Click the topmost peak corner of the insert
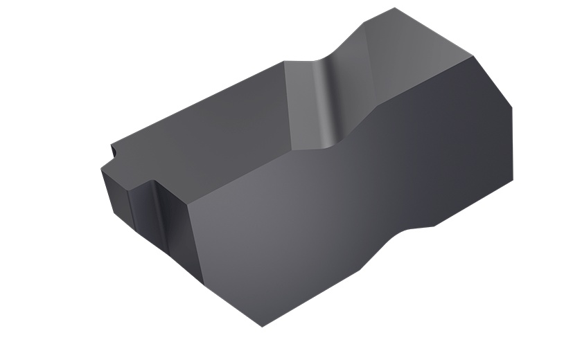(x=395, y=8)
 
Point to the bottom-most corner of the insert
(x=262, y=327)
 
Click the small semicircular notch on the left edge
(x=112, y=148)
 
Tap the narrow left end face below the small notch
(x=115, y=197)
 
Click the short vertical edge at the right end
(x=517, y=145)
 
